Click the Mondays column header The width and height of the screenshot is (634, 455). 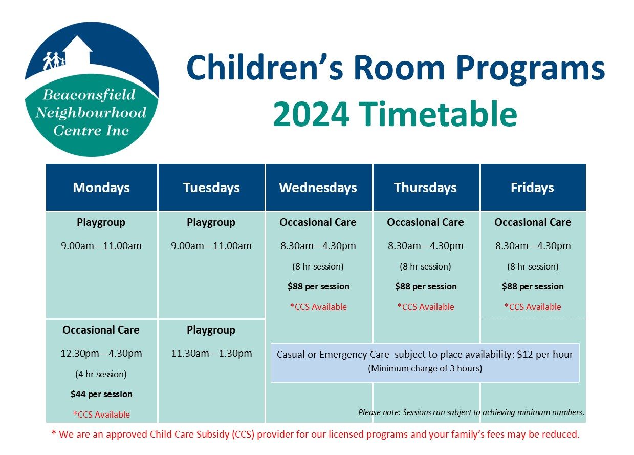[x=101, y=188]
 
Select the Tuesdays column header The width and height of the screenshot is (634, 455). [x=211, y=188]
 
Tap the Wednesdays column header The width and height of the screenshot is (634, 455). [x=318, y=188]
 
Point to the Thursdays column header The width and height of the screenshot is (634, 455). [x=425, y=188]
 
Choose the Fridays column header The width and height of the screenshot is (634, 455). [x=532, y=188]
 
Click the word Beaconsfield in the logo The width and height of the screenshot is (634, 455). [x=89, y=95]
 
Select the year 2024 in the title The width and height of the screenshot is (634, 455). [x=311, y=114]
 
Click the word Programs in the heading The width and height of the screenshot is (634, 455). [x=531, y=70]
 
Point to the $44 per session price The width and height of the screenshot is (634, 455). [x=101, y=395]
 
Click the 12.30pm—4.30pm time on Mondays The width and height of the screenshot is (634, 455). [x=101, y=354]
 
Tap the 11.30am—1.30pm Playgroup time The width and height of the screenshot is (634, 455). [x=211, y=354]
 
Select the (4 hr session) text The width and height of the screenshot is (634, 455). [x=101, y=374]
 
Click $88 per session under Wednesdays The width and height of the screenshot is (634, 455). [x=318, y=286]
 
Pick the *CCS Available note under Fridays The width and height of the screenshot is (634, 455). [x=533, y=307]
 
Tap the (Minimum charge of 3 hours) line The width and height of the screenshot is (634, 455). [x=425, y=368]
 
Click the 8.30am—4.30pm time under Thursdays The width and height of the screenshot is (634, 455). [x=426, y=246]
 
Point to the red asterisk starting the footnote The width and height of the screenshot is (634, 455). [x=54, y=433]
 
